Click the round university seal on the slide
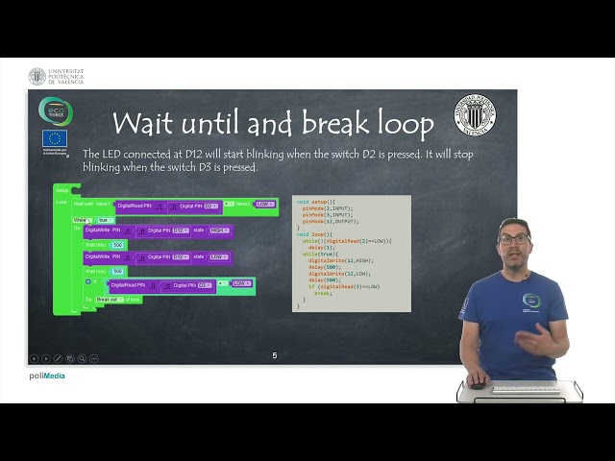tap(475, 115)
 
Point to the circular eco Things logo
tap(55, 110)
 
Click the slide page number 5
tap(274, 355)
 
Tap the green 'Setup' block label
tap(61, 190)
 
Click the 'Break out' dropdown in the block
tap(108, 300)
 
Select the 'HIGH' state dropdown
tap(219, 230)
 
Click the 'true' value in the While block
tap(104, 220)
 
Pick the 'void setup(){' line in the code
tap(316, 202)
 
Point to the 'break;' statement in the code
tap(323, 293)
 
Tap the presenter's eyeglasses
tap(515, 239)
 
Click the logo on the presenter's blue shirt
tap(531, 301)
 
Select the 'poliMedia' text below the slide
tap(47, 376)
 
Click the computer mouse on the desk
tap(476, 385)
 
